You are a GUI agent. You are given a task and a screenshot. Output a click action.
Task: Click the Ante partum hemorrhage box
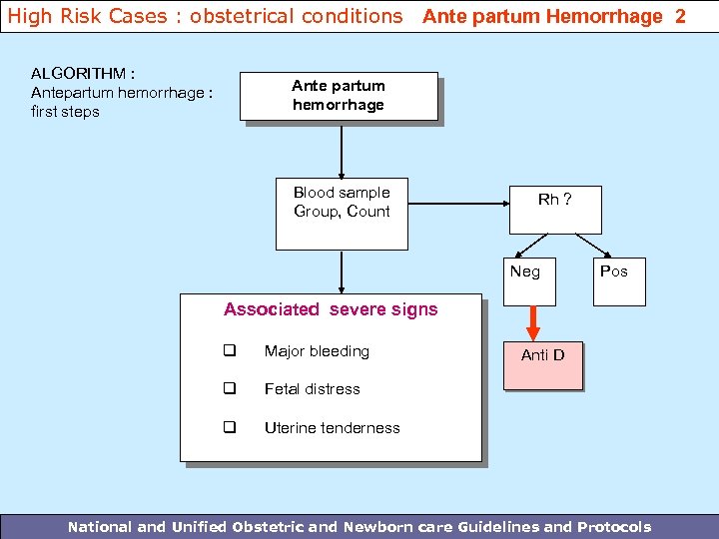(338, 96)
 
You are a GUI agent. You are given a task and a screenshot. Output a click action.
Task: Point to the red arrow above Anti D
(533, 321)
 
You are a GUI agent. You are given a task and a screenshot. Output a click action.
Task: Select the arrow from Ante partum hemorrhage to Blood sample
(342, 150)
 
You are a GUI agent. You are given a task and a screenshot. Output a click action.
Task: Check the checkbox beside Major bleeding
(229, 351)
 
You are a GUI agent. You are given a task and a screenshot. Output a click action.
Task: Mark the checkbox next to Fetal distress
(229, 389)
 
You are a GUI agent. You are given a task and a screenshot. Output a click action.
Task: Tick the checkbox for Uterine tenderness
(229, 428)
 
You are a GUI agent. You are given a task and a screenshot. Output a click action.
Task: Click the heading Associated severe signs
(331, 309)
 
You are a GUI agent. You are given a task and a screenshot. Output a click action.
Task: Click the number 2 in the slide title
(680, 16)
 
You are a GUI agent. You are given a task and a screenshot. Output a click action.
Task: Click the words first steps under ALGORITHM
(65, 112)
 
